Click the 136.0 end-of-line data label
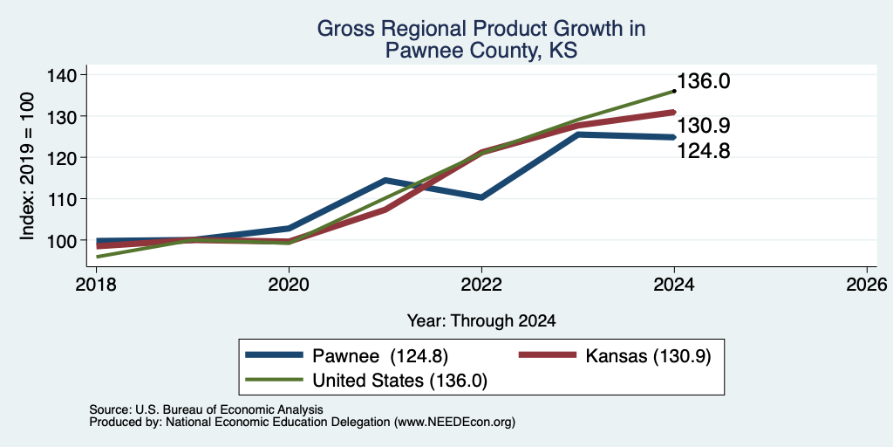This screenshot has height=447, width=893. (x=704, y=81)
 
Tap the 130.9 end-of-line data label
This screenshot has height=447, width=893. (x=704, y=126)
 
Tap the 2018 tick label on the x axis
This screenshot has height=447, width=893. (x=96, y=284)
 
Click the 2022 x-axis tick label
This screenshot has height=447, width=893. (x=481, y=284)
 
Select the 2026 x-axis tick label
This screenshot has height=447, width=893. (x=867, y=284)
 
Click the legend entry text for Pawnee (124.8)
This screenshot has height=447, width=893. (x=380, y=356)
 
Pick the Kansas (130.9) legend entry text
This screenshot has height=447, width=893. (x=648, y=356)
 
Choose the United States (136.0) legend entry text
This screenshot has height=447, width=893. (x=399, y=381)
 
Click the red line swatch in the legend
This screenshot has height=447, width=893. (x=548, y=355)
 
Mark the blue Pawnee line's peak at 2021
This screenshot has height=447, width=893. (x=385, y=181)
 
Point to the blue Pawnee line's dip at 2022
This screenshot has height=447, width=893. (x=481, y=197)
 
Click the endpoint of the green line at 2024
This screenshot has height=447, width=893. (x=674, y=91)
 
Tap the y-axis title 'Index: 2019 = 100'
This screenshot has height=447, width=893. (x=27, y=167)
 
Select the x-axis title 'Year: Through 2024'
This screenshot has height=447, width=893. (x=481, y=321)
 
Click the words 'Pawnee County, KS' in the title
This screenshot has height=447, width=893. (x=481, y=52)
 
